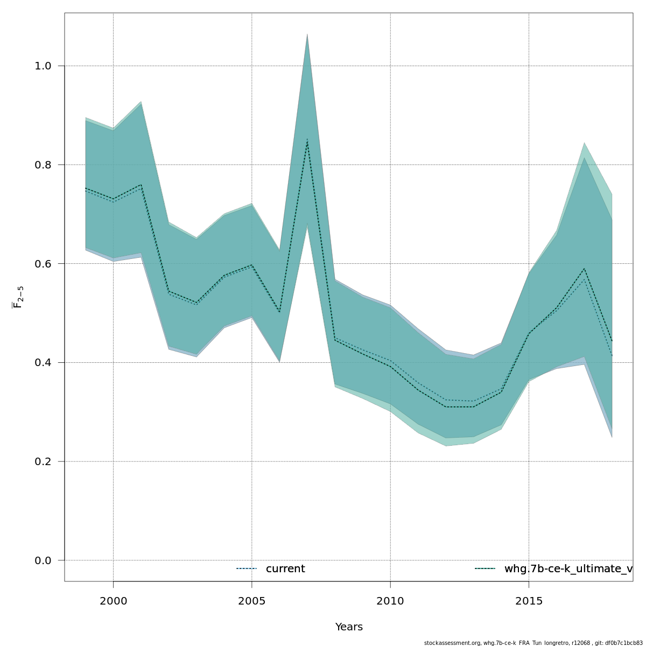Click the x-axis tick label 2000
[113, 600]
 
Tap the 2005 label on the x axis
[252, 600]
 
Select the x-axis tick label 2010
[390, 600]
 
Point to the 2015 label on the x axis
[529, 600]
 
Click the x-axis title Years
[349, 627]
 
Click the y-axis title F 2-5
[18, 297]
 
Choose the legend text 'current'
[285, 569]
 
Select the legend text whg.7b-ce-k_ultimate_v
[568, 569]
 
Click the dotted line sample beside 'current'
[247, 569]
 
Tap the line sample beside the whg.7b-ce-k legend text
[485, 569]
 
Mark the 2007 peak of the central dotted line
[307, 139]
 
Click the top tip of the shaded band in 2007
[307, 34]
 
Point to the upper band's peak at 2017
[584, 143]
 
